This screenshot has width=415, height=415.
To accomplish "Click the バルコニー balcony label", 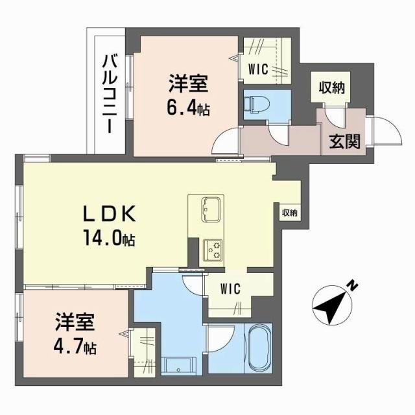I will click(109, 95).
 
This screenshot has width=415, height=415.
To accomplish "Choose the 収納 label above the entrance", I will click(331, 87).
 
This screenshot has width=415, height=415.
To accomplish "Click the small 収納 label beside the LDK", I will click(289, 213).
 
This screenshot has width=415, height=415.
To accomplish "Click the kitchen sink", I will click(210, 208).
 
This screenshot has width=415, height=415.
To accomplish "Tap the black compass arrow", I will click(332, 305).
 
